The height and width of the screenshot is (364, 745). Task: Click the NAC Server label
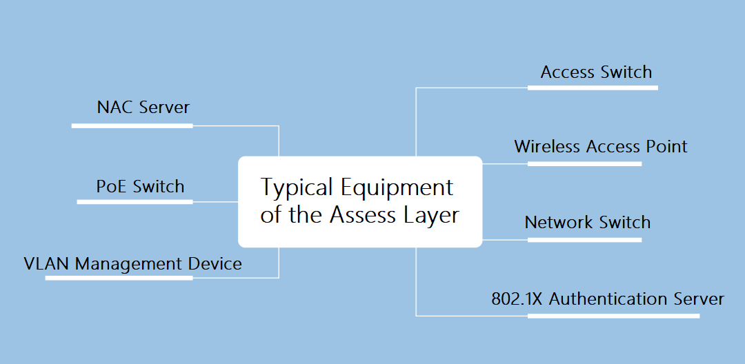tap(143, 108)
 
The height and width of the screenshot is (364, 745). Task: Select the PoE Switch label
tap(140, 187)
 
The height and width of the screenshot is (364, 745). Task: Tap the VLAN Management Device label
tap(132, 263)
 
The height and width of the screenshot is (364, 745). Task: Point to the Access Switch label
tap(596, 72)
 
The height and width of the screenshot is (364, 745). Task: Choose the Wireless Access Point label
tap(600, 147)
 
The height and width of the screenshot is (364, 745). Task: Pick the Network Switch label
tap(587, 223)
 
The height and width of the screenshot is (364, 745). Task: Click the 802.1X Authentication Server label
tap(607, 299)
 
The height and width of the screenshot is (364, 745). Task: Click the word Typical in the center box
tap(296, 188)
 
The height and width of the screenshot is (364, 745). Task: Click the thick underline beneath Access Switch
tap(593, 88)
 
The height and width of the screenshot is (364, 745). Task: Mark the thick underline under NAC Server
tap(132, 125)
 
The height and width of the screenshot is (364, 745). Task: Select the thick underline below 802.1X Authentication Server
tap(613, 316)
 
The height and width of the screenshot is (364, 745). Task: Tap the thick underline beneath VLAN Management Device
tap(119, 278)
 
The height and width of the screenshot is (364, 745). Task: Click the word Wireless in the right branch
tap(548, 147)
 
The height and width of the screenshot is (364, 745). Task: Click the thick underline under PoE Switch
tap(135, 201)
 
